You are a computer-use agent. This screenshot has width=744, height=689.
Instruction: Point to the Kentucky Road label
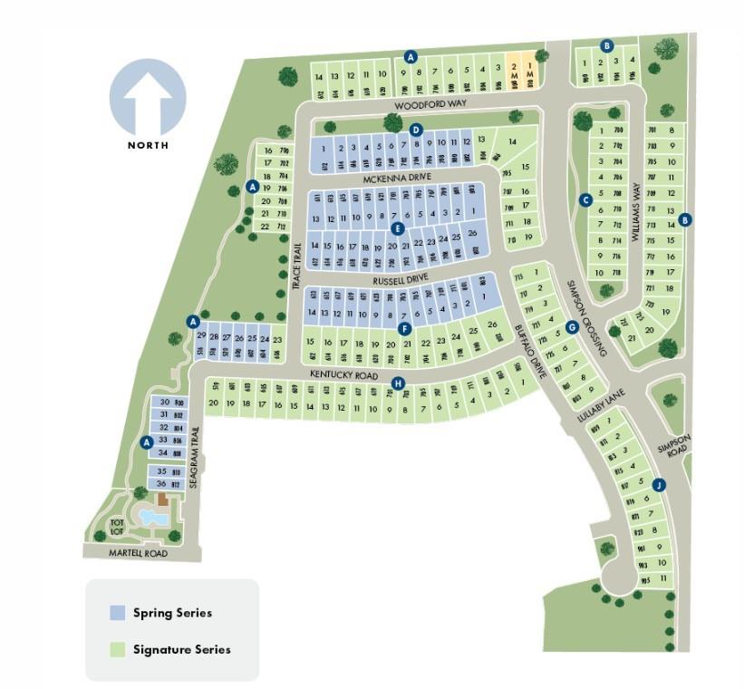[x=343, y=374]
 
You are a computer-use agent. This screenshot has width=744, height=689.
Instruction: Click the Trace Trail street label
[x=295, y=264]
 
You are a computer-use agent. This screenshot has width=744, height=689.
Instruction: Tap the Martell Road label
[x=139, y=553]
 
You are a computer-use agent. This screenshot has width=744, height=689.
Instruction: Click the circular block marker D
[x=416, y=130]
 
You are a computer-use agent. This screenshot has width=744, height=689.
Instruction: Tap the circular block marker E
[x=396, y=228]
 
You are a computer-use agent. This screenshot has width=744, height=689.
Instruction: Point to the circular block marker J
[x=659, y=486]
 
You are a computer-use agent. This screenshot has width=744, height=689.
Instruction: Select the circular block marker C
[x=585, y=199]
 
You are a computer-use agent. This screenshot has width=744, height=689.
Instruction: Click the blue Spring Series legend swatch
[x=117, y=613]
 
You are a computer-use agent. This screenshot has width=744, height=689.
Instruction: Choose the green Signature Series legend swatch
[x=117, y=649]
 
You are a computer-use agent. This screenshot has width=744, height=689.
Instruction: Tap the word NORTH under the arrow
[x=148, y=145]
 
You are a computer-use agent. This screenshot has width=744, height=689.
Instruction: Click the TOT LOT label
[x=117, y=527]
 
